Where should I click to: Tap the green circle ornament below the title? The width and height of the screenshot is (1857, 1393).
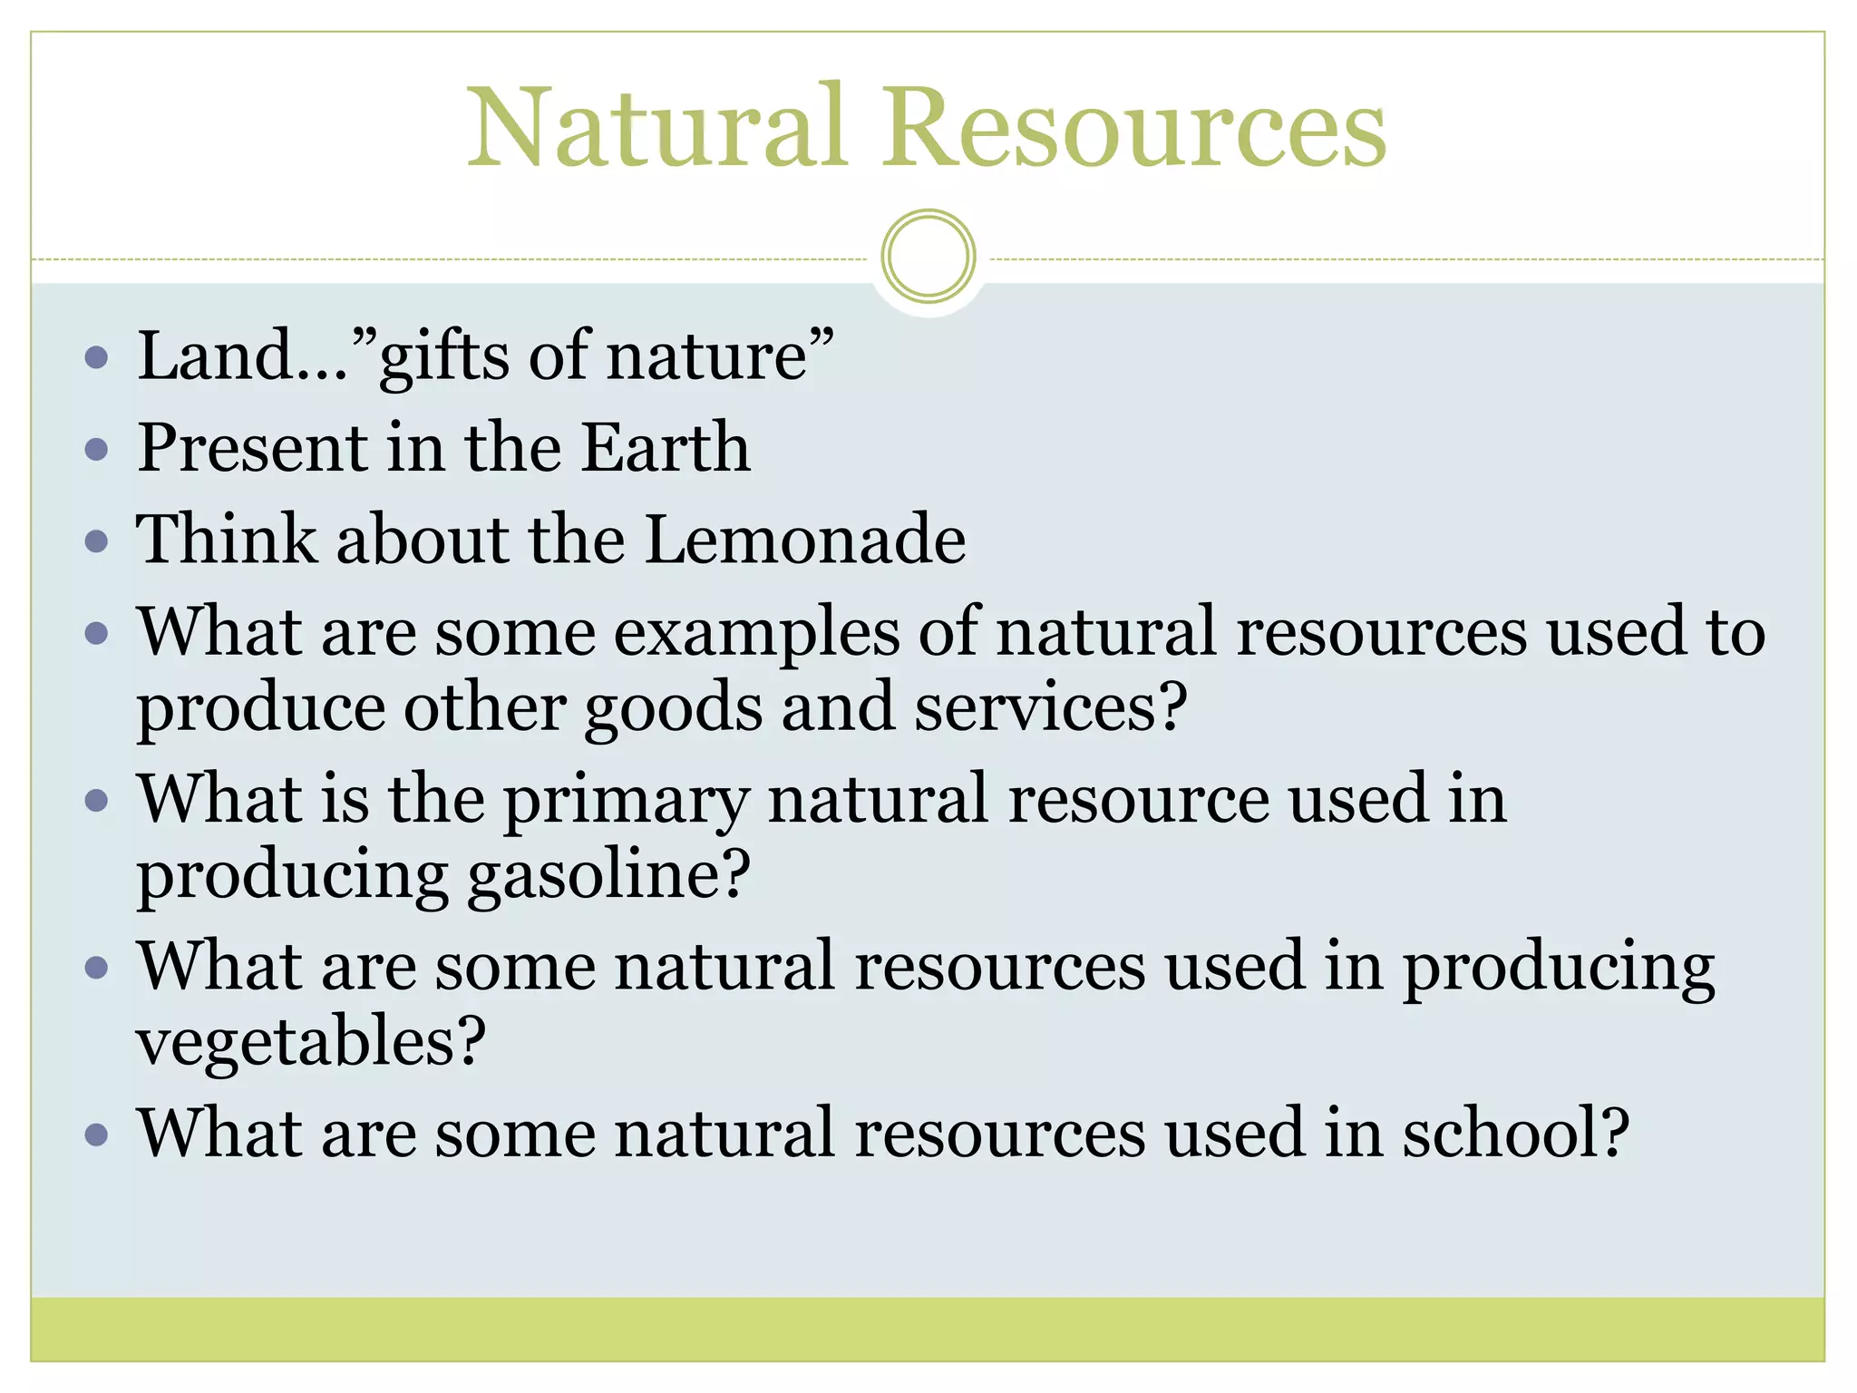pos(928,257)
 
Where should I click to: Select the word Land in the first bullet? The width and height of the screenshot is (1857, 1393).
pos(215,356)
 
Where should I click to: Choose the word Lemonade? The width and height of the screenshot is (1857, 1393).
pos(805,540)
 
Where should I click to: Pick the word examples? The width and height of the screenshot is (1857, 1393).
pos(756,633)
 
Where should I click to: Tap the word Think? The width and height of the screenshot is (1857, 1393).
pos(227,540)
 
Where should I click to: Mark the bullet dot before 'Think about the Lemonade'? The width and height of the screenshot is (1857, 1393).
pos(96,541)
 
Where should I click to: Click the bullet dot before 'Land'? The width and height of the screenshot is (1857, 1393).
pos(96,356)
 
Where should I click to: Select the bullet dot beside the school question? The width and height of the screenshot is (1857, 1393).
pos(96,1135)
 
